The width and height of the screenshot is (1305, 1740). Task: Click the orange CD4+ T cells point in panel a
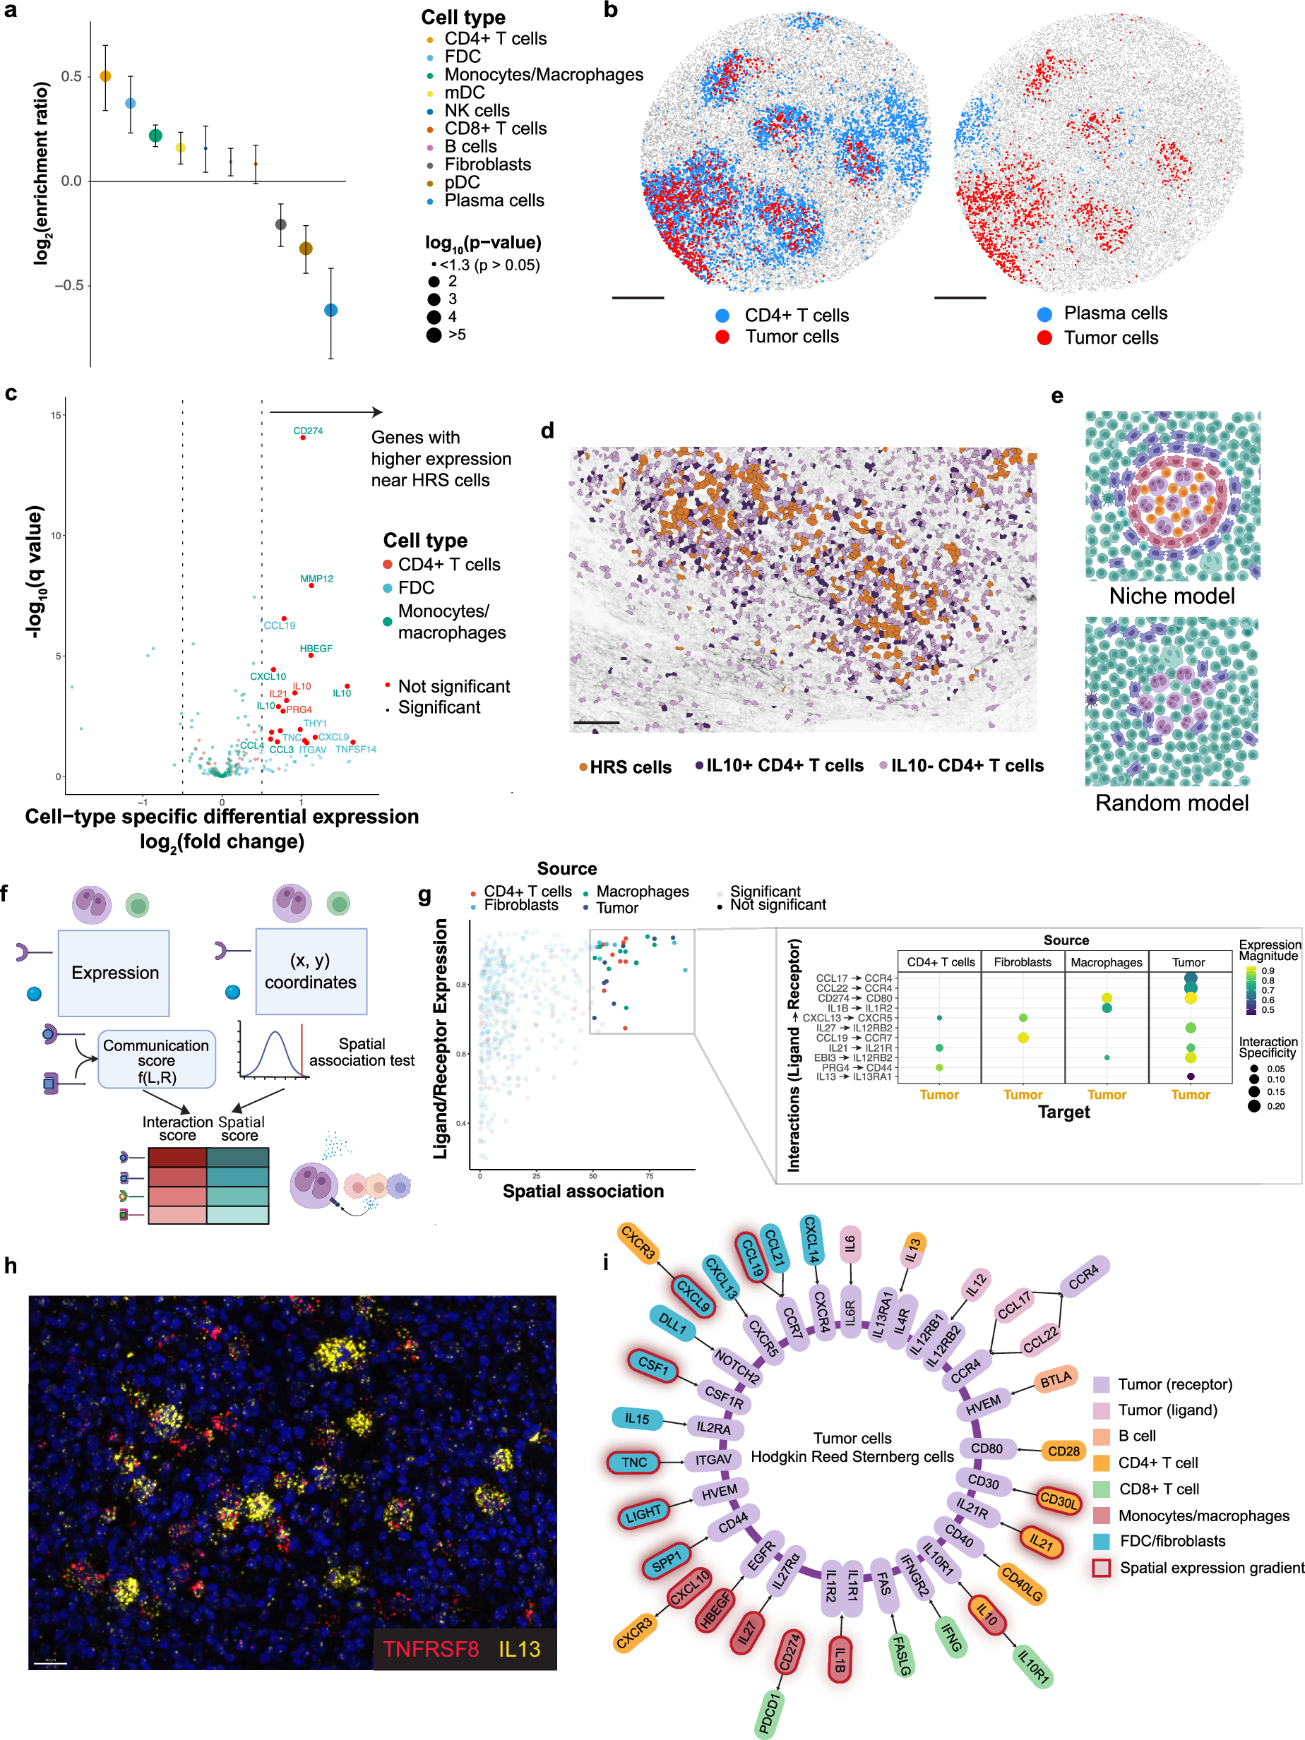pos(105,76)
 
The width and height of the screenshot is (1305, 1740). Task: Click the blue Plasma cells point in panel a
pos(330,310)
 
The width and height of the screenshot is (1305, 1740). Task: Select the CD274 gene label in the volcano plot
pos(308,431)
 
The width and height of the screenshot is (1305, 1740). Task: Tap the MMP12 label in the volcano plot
pos(316,578)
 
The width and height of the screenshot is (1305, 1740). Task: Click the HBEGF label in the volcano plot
pos(316,648)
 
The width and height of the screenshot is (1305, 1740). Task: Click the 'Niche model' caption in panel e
pos(1172,596)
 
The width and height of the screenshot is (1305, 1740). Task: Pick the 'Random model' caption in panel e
pos(1172,803)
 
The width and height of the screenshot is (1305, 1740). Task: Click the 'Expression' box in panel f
pos(114,972)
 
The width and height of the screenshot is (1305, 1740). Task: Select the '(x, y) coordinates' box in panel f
pos(311,971)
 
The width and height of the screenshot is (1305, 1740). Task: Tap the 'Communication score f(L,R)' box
pos(156,1060)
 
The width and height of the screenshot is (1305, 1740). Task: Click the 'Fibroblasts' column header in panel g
pos(1022,962)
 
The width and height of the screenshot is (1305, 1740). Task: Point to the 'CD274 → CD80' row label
pos(854,998)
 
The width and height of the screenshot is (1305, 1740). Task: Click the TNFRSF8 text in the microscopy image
pos(431,1649)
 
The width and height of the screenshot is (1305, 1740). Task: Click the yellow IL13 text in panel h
pos(520,1649)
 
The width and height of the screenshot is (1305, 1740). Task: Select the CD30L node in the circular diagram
pos(1058,1500)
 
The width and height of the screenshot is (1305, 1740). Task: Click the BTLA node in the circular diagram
pos(1056,1379)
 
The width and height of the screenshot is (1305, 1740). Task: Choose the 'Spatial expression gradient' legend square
pos(1101,1568)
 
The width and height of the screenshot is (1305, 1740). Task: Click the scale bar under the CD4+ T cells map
pos(638,298)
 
